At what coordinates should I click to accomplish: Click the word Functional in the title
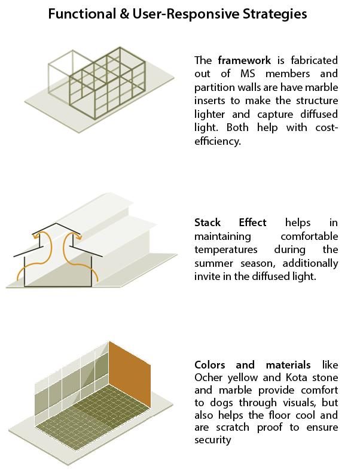[x=82, y=14]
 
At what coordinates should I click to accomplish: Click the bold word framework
[x=245, y=60]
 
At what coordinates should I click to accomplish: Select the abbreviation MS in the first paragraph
[x=248, y=74]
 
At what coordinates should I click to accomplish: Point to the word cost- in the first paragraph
[x=327, y=127]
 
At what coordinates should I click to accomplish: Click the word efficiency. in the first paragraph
[x=218, y=141]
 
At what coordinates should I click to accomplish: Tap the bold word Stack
[x=208, y=223]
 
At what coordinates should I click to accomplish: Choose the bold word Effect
[x=252, y=223]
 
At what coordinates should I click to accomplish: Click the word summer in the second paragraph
[x=213, y=264]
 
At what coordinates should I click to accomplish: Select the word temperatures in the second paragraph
[x=226, y=250]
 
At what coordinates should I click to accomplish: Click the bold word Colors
[x=209, y=365]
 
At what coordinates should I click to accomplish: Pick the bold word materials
[x=288, y=365]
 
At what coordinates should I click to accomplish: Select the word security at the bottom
[x=212, y=440]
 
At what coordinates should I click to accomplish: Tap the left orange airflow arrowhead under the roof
[x=35, y=235]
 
